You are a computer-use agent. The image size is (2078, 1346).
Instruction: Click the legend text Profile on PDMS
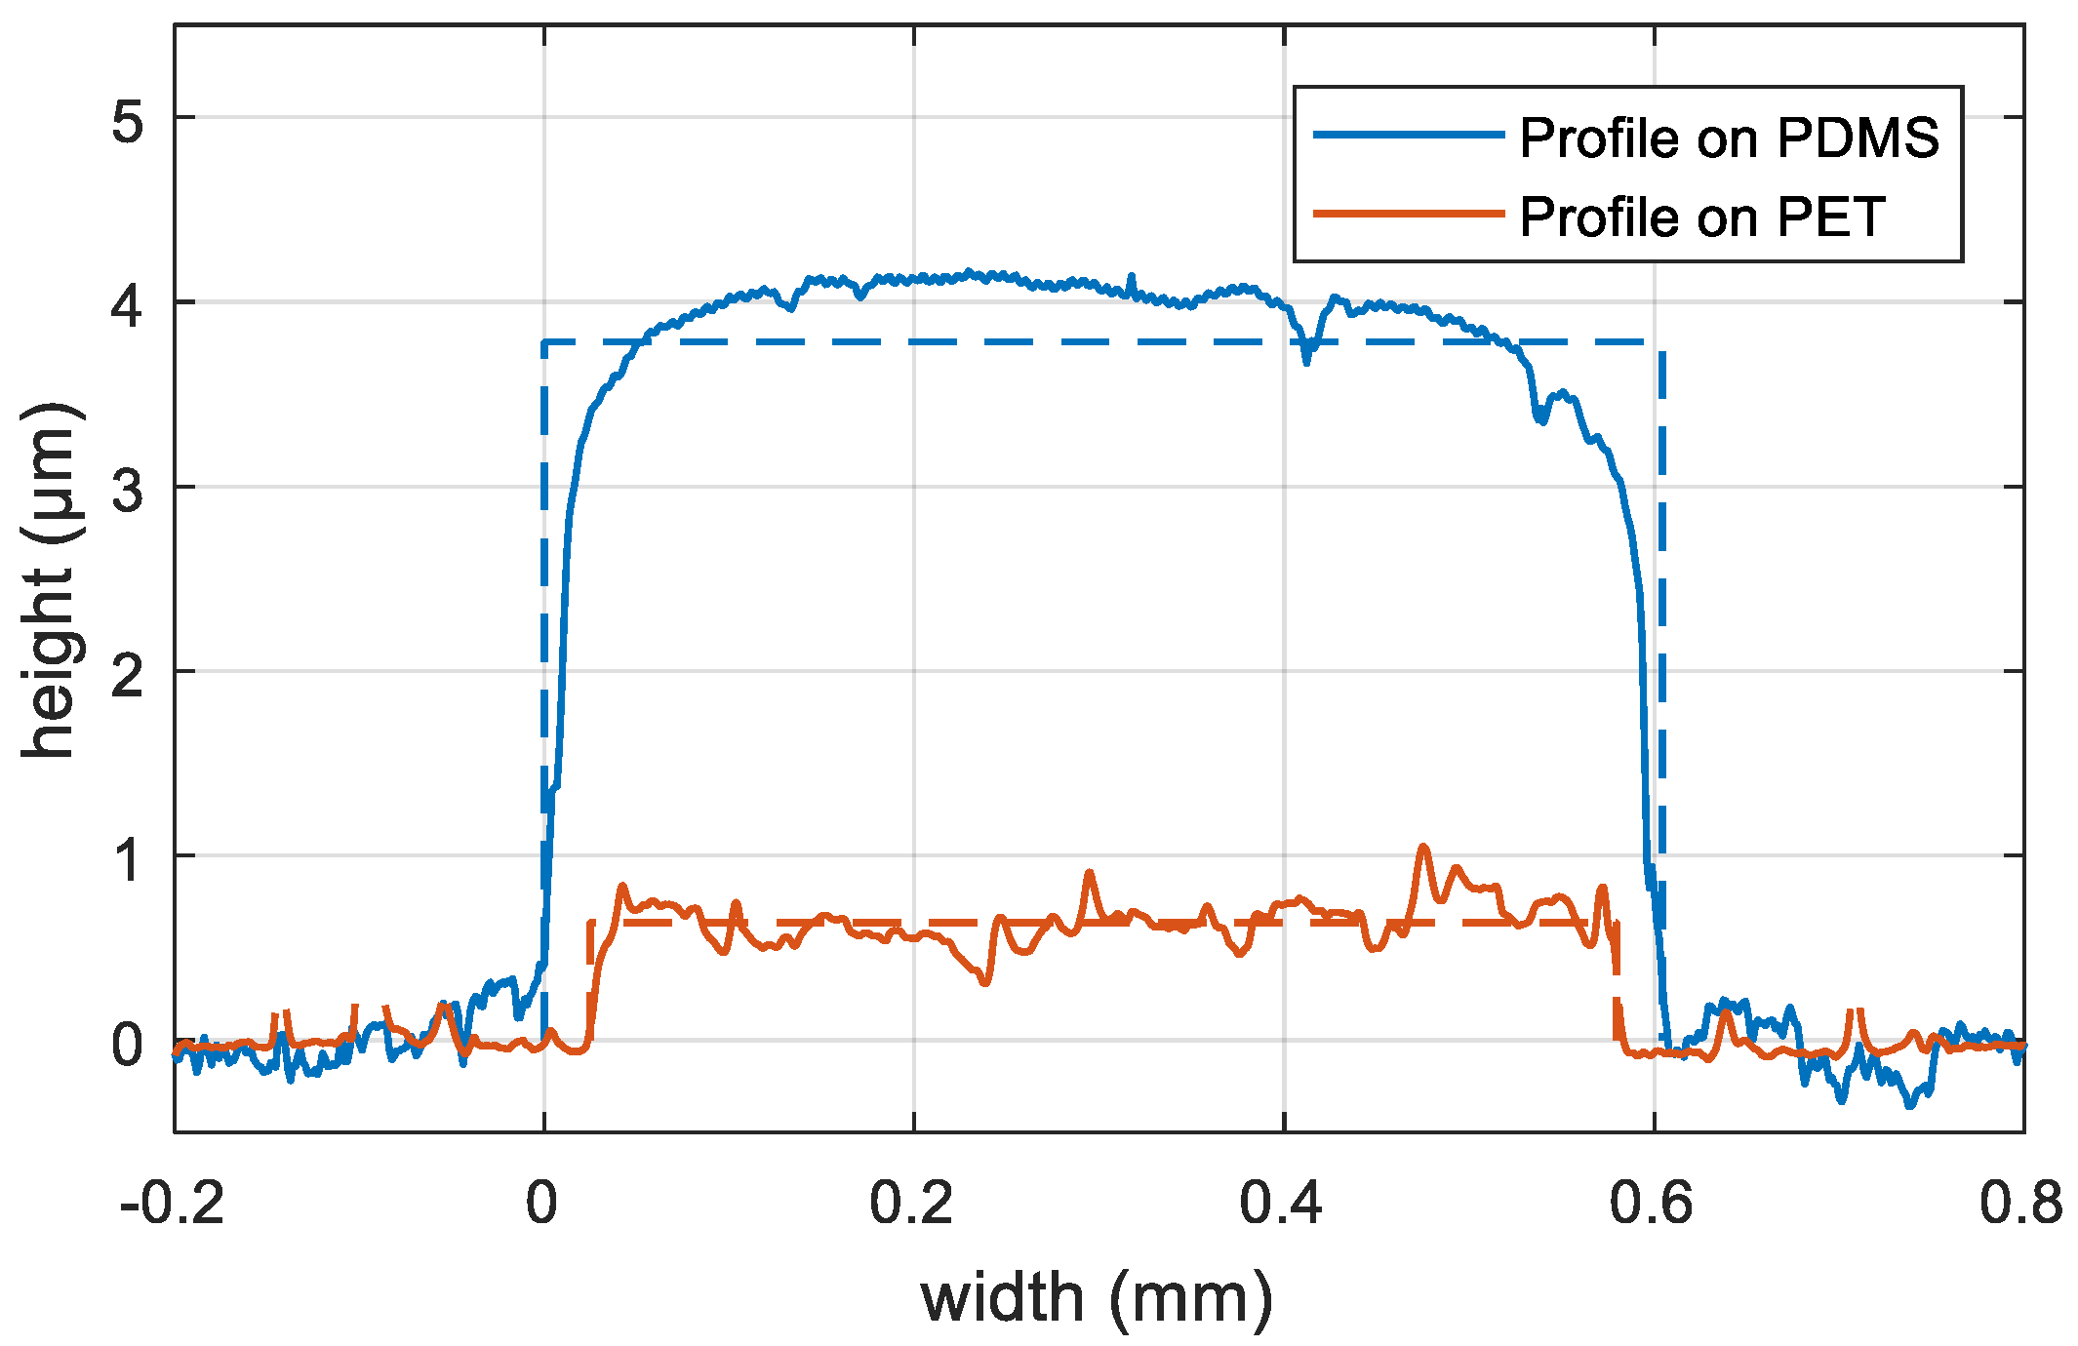click(x=1729, y=138)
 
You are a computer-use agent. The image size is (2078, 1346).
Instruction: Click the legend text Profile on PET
click(x=1701, y=217)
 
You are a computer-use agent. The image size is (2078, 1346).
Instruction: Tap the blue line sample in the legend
click(x=1408, y=135)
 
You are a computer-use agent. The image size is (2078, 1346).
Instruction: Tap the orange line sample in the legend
click(x=1408, y=214)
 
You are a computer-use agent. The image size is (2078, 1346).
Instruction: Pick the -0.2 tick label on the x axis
click(x=172, y=1203)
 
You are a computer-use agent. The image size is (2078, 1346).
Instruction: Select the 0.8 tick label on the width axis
click(x=2019, y=1203)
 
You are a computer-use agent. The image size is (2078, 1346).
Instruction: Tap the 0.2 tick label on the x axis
click(x=910, y=1203)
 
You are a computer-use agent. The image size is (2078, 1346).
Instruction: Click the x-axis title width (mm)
click(x=1097, y=1298)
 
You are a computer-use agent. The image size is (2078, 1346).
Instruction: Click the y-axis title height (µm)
click(x=49, y=579)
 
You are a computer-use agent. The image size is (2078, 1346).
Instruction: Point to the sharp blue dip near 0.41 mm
click(x=1307, y=361)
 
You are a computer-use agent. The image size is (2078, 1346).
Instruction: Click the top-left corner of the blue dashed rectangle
click(x=544, y=342)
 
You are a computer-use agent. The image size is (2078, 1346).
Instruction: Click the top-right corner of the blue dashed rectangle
click(x=1661, y=342)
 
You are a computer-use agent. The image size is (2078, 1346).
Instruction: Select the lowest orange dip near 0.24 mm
click(x=985, y=982)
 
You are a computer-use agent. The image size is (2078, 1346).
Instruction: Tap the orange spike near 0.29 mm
click(x=1090, y=872)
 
